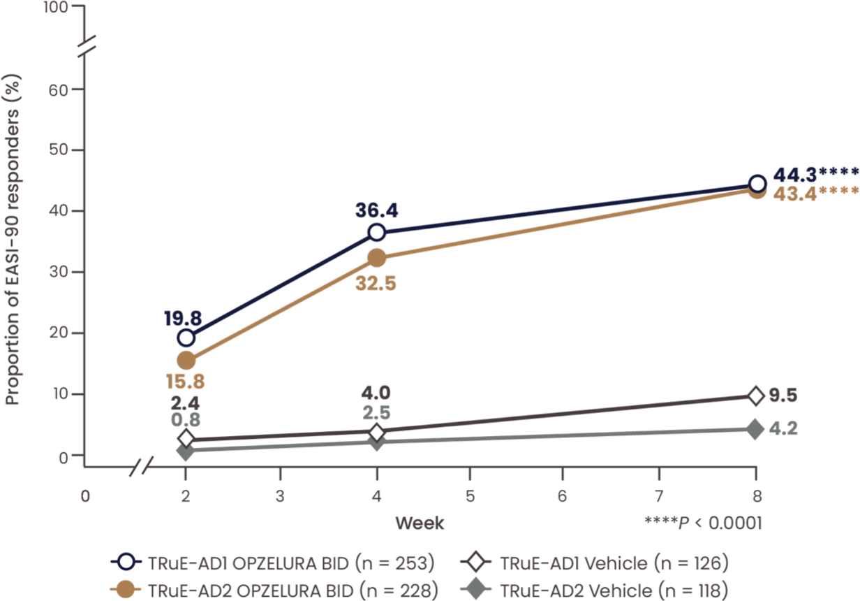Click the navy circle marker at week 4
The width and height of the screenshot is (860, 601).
click(x=376, y=232)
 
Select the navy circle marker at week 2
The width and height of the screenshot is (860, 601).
click(x=186, y=338)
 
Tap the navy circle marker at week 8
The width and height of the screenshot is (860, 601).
click(x=757, y=184)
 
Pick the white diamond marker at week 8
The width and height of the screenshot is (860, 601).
click(x=756, y=396)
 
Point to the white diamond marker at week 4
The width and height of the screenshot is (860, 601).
click(x=376, y=433)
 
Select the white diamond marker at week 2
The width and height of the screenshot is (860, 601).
click(x=186, y=439)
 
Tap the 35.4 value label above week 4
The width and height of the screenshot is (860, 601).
click(x=376, y=210)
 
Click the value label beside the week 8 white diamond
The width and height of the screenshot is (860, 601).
click(x=782, y=396)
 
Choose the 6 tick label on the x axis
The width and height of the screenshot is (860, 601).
click(x=563, y=497)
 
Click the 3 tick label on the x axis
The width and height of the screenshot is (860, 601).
click(x=280, y=497)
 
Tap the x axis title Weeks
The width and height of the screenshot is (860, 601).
click(x=419, y=522)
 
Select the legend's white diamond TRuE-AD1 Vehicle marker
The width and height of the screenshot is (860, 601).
click(x=476, y=561)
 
